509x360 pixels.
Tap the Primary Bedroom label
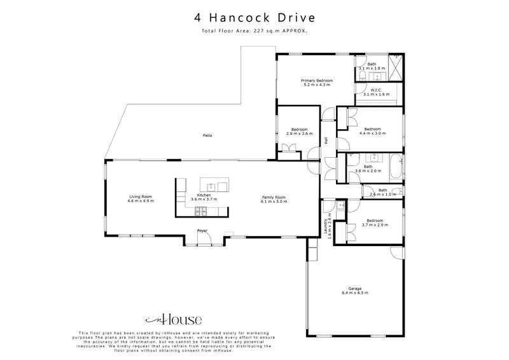[x=317, y=81]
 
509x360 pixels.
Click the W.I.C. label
[x=375, y=90]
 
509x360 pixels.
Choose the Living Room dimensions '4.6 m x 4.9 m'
[x=141, y=201]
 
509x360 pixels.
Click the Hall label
[x=326, y=141]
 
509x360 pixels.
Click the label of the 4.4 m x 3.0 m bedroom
[x=372, y=129]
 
